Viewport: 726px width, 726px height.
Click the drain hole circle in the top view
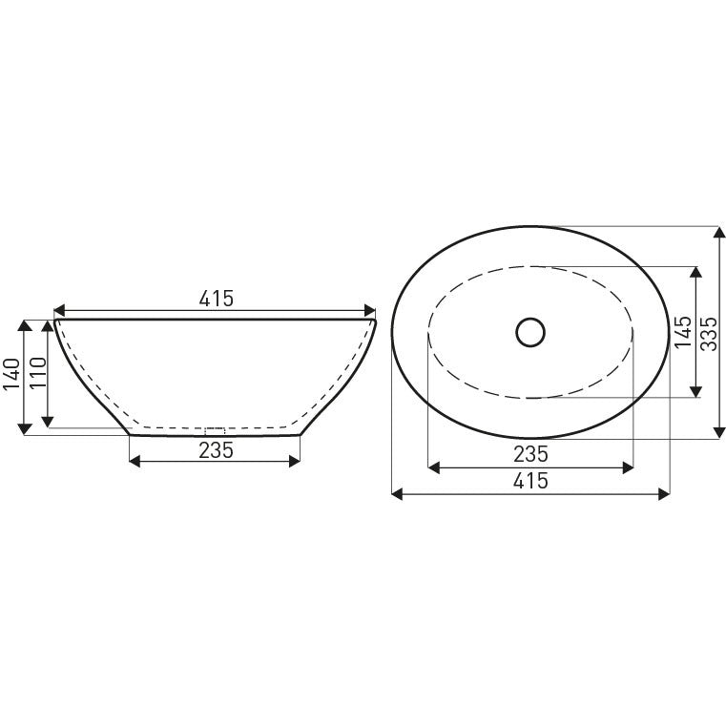(529, 332)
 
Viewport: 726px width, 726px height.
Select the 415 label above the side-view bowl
(216, 299)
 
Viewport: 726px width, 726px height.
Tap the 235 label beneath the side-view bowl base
(216, 449)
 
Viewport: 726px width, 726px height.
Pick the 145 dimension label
(681, 333)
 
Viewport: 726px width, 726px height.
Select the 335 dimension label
(707, 333)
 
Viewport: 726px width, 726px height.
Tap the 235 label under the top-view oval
(529, 453)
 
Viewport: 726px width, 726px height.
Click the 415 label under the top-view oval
(529, 480)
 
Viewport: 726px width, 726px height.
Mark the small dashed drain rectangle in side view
(215, 430)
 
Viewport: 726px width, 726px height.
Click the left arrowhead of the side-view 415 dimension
(58, 311)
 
